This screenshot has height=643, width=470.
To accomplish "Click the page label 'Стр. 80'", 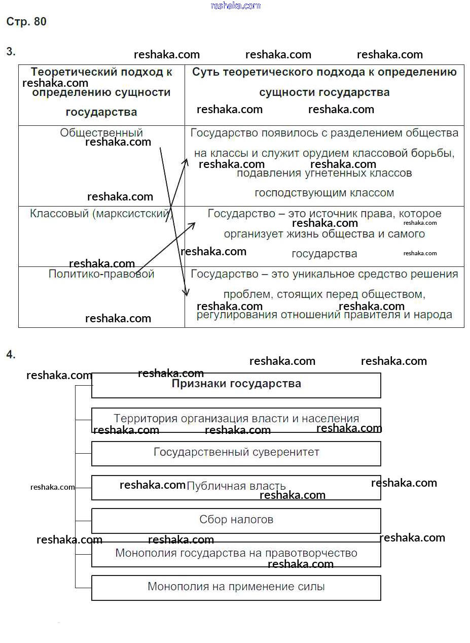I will tap(26, 22).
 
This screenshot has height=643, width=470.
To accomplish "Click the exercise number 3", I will tap(11, 51).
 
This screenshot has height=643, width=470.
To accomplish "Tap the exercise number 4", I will tap(11, 355).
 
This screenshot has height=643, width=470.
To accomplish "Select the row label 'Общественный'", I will tap(101, 133).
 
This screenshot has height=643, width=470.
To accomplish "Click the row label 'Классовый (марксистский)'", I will tap(101, 214).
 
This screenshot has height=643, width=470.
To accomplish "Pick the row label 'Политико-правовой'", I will tap(101, 274).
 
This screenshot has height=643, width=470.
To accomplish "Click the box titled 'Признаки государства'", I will tap(236, 384).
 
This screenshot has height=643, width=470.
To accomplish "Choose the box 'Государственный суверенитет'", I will tap(236, 452).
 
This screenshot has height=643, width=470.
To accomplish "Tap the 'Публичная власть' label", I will tap(236, 486).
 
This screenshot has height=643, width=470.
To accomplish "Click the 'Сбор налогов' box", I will tap(236, 520).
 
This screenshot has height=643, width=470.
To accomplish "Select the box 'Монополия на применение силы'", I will tap(236, 587).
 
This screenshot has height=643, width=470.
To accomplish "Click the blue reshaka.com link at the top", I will tap(235, 6).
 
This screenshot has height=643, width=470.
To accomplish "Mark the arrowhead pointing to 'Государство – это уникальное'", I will tap(186, 292).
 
